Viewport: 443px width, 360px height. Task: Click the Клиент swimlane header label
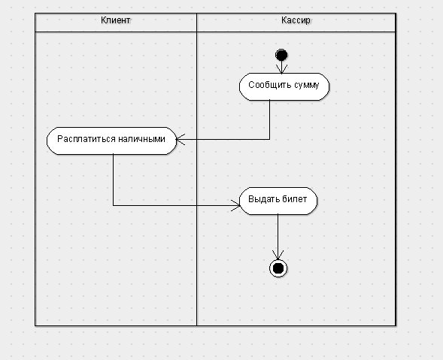click(x=116, y=20)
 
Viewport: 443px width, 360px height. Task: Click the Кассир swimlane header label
click(x=296, y=20)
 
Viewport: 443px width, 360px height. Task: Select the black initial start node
click(x=281, y=55)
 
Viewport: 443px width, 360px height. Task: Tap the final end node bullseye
click(x=278, y=268)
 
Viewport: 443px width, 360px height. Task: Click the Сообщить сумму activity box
click(x=284, y=86)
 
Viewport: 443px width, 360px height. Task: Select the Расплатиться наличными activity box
click(x=111, y=141)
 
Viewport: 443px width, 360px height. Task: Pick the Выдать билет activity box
click(x=278, y=201)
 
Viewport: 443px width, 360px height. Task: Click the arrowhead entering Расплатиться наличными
click(x=181, y=140)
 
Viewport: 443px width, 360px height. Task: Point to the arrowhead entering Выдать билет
click(x=236, y=205)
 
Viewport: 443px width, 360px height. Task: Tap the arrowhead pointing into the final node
click(x=278, y=255)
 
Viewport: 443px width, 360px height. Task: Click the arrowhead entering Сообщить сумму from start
click(x=281, y=69)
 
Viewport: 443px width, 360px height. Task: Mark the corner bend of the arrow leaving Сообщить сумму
click(x=269, y=139)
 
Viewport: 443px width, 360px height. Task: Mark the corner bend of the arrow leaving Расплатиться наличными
click(x=114, y=205)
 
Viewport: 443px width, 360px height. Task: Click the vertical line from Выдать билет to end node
click(x=278, y=237)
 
